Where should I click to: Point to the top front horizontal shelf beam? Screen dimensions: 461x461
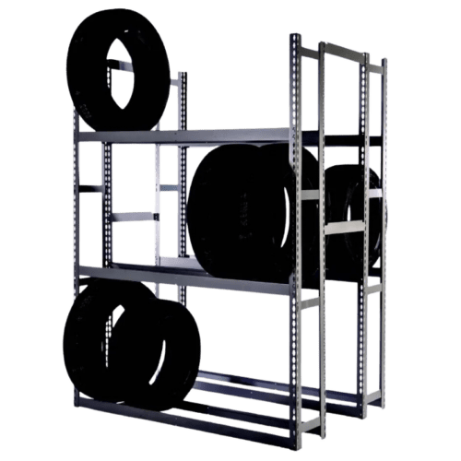click(x=184, y=136)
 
